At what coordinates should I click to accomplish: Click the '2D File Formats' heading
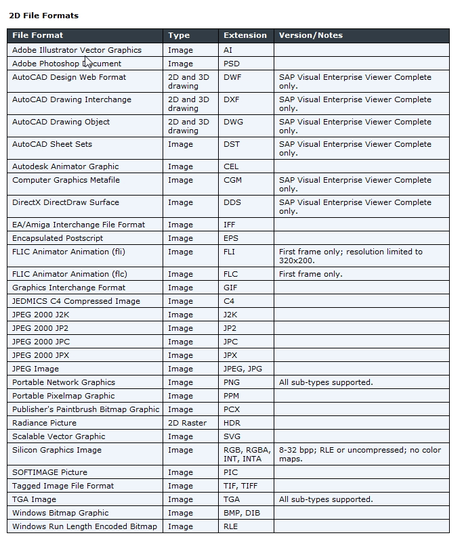click(x=43, y=15)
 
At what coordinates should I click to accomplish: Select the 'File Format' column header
click(x=37, y=35)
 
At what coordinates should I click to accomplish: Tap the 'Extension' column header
click(x=245, y=35)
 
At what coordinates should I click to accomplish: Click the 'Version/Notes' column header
click(x=311, y=35)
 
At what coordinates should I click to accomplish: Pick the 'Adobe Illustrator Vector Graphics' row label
click(x=77, y=50)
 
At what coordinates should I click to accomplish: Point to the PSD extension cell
click(x=232, y=64)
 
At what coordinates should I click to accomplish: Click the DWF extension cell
click(x=232, y=77)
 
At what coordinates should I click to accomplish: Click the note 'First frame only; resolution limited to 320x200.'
click(x=350, y=256)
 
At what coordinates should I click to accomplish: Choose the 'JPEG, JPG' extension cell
click(x=242, y=369)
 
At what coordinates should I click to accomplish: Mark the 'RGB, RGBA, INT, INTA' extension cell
click(x=247, y=454)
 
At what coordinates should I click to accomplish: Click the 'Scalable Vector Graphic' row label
click(x=58, y=436)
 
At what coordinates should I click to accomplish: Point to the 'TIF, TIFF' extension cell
click(x=240, y=486)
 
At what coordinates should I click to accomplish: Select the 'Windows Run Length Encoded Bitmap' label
click(x=84, y=526)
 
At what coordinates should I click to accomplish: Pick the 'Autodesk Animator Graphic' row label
click(x=65, y=166)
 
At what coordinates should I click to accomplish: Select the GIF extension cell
click(x=231, y=288)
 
